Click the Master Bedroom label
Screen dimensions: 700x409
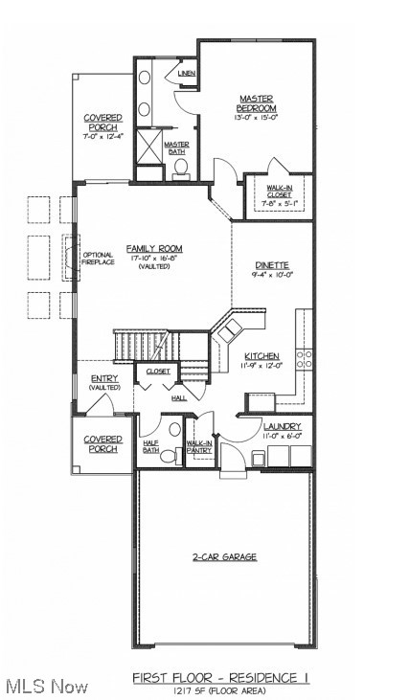257,103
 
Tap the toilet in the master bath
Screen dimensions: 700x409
180,169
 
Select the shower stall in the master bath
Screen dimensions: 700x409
148,145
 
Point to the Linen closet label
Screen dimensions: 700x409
187,73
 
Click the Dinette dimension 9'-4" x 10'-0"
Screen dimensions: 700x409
273,275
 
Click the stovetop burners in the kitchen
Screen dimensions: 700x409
305,359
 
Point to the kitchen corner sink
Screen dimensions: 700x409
230,330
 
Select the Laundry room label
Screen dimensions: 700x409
283,426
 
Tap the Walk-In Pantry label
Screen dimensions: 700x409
199,447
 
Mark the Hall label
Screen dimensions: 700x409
179,397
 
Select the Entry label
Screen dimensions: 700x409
104,378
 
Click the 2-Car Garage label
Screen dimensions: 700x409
225,556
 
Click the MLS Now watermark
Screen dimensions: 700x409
45,687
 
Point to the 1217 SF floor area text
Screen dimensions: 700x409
221,690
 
